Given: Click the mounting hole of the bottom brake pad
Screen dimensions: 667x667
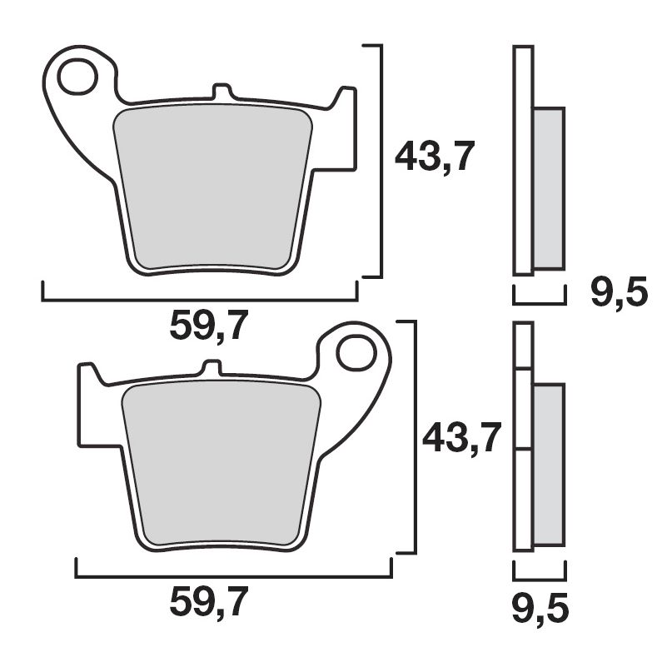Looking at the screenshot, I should click(x=356, y=352).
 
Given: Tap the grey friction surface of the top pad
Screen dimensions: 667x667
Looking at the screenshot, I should click(x=212, y=187).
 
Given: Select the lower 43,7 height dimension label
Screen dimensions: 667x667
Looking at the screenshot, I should click(x=461, y=436).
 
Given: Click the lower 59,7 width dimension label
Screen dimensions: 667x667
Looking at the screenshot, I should click(x=208, y=603).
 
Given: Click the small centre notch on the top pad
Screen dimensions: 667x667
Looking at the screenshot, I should click(x=222, y=91).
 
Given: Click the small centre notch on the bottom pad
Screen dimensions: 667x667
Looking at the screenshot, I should click(x=212, y=367).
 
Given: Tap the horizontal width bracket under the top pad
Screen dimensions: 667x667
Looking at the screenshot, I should click(x=200, y=299).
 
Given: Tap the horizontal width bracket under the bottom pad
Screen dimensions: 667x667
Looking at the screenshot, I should click(x=233, y=575).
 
